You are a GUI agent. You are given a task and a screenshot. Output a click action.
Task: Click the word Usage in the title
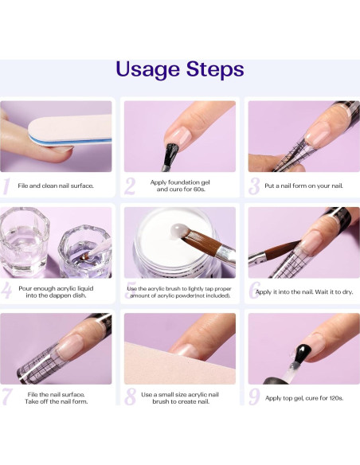point(147,70)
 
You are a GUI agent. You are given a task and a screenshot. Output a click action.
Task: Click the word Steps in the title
point(215,68)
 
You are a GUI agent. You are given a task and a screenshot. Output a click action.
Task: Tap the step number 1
point(6,186)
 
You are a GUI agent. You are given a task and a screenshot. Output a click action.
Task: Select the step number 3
point(254,186)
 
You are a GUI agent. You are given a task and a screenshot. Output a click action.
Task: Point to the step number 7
point(6,397)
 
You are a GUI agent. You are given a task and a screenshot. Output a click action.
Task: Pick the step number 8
point(130,397)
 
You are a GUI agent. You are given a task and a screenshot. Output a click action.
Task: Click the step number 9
point(254,397)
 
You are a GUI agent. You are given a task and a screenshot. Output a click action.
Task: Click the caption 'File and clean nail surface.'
point(56,186)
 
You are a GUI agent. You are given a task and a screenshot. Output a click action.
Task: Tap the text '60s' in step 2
point(198,190)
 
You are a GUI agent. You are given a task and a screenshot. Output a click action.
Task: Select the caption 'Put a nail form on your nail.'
point(303,186)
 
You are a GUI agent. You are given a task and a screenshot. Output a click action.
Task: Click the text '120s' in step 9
point(336,398)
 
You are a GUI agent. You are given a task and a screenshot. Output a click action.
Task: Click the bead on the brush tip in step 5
point(179,230)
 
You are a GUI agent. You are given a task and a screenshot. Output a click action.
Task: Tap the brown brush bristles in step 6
point(282,250)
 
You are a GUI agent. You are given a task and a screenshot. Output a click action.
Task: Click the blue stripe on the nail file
point(69,141)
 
